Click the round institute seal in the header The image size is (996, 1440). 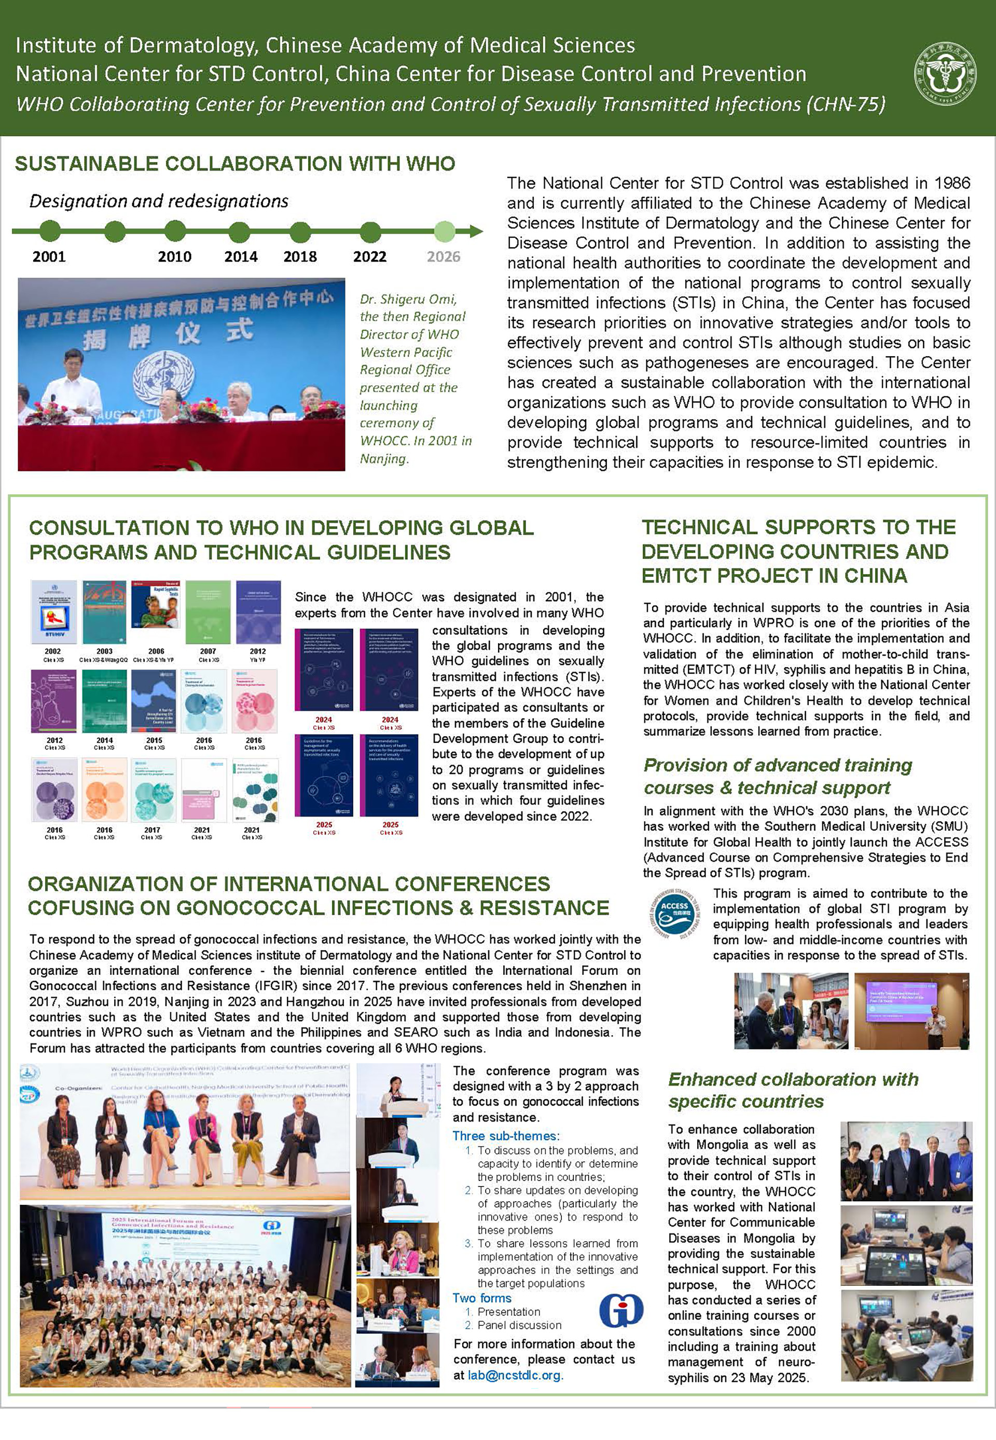944,73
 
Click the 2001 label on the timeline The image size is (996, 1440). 49,256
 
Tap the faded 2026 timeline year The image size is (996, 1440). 443,256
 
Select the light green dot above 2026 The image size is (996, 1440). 445,232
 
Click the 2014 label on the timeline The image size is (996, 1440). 241,256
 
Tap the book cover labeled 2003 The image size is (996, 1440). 104,612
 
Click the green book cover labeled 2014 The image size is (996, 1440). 104,701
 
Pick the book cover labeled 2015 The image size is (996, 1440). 154,701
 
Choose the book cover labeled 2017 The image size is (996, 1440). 154,790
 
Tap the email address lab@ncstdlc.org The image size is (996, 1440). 516,1375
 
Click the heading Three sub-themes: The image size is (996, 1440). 505,1135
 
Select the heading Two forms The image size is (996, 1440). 482,1298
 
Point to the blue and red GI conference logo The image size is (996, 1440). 621,1310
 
